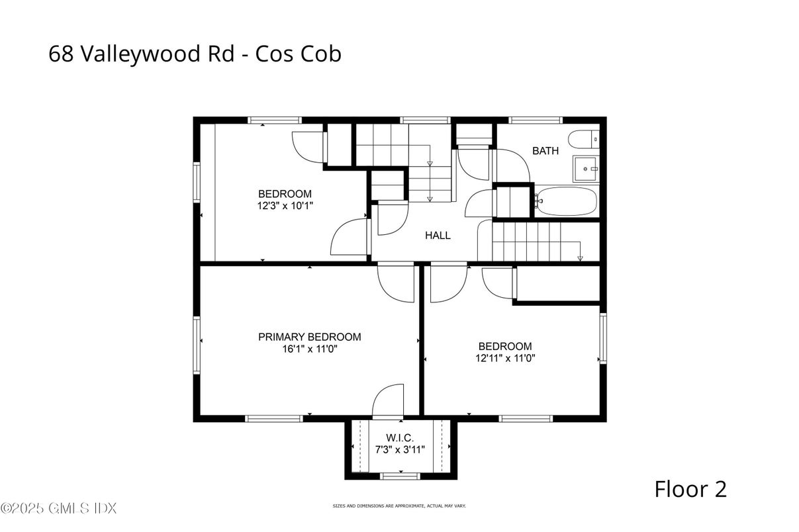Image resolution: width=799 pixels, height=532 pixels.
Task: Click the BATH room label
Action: tap(545, 151)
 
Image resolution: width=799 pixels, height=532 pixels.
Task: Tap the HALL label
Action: tap(438, 236)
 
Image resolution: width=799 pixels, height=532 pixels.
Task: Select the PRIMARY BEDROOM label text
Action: tap(310, 337)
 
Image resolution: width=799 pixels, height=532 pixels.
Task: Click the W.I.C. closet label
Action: tap(400, 437)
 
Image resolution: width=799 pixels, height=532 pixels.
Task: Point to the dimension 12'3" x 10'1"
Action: tap(285, 206)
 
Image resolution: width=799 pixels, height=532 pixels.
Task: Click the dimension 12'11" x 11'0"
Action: tap(505, 358)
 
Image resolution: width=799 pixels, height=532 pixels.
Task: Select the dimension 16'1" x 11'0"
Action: tap(310, 349)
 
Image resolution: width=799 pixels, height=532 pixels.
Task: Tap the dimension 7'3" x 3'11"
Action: tap(400, 450)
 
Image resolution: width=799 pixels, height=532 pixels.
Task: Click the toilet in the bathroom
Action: tap(584, 140)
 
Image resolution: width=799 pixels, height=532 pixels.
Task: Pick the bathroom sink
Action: tap(586, 169)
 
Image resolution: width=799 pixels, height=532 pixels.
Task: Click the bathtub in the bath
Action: tap(565, 201)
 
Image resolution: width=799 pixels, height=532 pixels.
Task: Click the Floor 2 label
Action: tap(690, 489)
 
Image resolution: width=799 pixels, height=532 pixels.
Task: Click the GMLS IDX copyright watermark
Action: tap(59, 508)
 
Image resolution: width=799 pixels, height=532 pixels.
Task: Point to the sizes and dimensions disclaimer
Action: tap(399, 506)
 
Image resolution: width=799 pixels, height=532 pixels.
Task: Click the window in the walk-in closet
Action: tap(400, 476)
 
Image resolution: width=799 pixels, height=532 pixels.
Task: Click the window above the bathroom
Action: tap(536, 120)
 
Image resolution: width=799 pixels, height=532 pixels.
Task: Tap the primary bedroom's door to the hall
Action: tap(396, 283)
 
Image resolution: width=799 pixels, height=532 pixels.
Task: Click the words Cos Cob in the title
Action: tap(298, 54)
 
